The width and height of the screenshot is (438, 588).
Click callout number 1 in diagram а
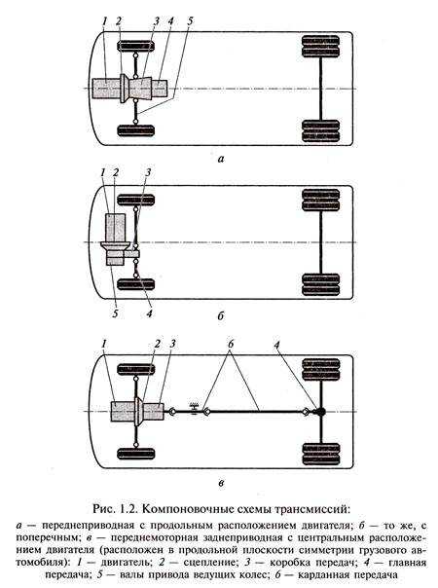(x=104, y=21)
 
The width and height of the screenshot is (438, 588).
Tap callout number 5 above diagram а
(x=190, y=21)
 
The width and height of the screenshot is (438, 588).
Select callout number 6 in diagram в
(x=231, y=344)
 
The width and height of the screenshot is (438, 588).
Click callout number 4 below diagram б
(x=149, y=313)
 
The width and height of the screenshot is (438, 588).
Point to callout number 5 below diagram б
(x=115, y=313)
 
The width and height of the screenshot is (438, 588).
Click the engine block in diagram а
(x=106, y=89)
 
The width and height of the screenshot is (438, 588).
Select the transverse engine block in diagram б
(x=116, y=228)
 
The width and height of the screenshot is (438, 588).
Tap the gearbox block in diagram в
(x=154, y=411)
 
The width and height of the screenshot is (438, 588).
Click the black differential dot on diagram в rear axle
(x=320, y=412)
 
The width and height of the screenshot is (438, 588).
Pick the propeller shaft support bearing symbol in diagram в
(x=194, y=408)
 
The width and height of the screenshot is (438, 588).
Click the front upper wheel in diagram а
(x=135, y=46)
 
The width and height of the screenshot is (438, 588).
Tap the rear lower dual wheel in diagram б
(x=320, y=284)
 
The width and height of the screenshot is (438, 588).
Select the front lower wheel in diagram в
(x=135, y=454)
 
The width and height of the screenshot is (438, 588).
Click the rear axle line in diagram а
(x=321, y=89)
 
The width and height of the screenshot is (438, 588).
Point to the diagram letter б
(x=221, y=316)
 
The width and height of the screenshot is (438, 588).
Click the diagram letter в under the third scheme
(x=221, y=484)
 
